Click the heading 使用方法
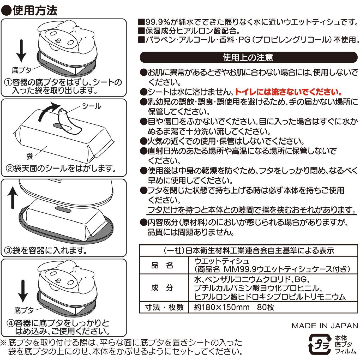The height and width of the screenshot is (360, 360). [35, 10]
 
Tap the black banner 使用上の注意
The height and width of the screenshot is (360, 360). [248, 57]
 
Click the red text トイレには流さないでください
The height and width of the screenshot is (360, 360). [288, 92]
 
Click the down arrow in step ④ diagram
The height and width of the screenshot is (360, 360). [23, 291]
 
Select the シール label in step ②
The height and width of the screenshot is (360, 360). [91, 106]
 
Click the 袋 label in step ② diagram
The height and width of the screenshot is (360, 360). [29, 156]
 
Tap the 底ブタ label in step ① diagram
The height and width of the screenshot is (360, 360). [22, 70]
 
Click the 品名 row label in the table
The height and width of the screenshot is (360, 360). [162, 265]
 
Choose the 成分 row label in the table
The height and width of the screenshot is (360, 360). [162, 288]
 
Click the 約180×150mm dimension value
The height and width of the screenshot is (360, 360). [222, 307]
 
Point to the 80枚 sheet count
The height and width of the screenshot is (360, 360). [265, 307]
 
